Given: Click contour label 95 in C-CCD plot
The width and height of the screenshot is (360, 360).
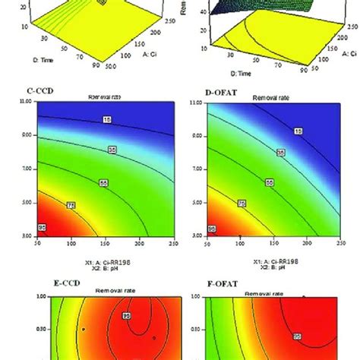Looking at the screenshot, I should click(x=43, y=228).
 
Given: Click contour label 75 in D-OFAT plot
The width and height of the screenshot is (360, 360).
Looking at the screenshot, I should click(x=241, y=204).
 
